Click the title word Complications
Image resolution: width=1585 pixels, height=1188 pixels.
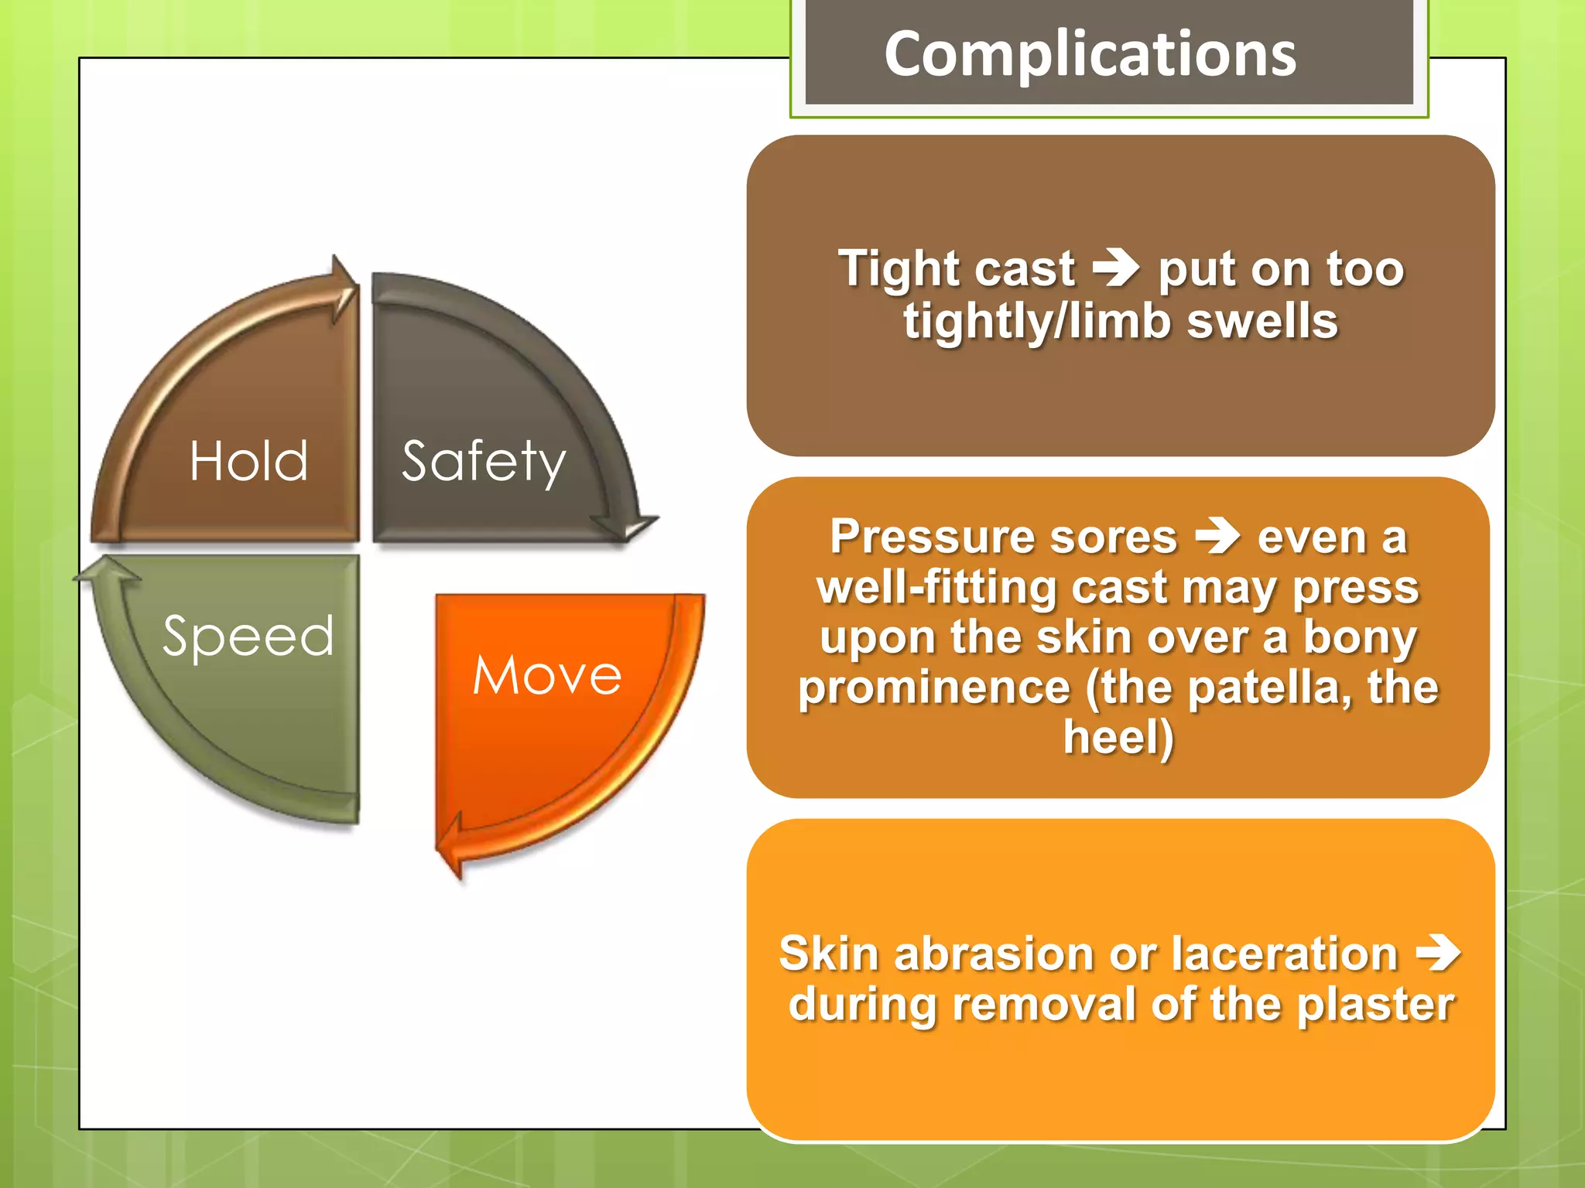(x=1090, y=53)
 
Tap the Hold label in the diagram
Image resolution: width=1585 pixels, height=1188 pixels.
(x=248, y=461)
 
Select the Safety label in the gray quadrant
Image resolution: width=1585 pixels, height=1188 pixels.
(x=484, y=461)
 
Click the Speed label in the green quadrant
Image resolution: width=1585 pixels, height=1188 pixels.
(x=248, y=636)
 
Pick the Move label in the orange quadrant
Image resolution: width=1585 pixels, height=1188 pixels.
(x=546, y=674)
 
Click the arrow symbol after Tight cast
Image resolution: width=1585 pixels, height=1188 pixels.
(x=1115, y=268)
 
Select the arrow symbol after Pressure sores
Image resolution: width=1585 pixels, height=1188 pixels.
(x=1217, y=537)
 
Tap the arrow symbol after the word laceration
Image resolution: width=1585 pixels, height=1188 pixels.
(x=1437, y=952)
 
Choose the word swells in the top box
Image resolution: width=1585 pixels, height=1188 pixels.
(x=1262, y=321)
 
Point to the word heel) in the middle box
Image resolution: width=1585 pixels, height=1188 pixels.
(x=1118, y=737)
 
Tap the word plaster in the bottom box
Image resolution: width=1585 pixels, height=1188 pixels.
(x=1375, y=1004)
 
